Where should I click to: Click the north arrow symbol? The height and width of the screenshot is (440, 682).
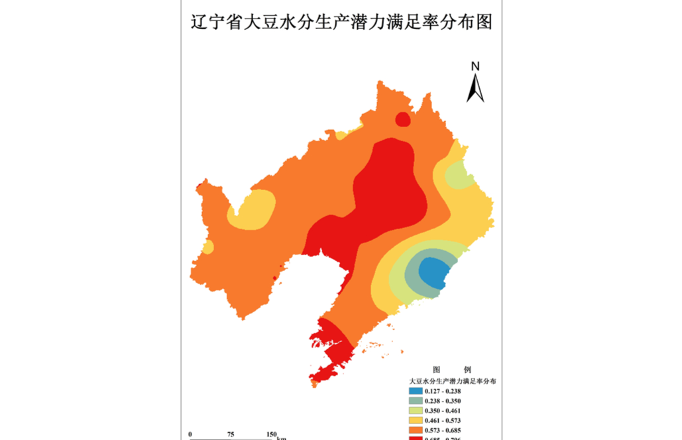475,87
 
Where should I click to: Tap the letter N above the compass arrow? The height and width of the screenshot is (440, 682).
475,66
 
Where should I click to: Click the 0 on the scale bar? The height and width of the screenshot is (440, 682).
190,435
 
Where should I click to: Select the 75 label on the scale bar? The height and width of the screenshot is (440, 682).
231,435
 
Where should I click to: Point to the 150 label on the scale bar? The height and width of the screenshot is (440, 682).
272,435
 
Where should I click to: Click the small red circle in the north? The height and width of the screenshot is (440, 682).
403,119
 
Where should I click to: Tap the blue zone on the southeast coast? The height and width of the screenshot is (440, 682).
435,272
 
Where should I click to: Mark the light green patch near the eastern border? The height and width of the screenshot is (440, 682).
459,176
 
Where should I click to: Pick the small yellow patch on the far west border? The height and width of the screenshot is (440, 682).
208,248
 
